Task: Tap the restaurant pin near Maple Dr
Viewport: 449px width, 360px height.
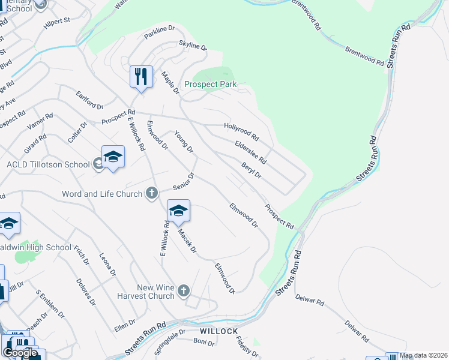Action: point(142,77)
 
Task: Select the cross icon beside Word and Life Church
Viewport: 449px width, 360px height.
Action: point(152,193)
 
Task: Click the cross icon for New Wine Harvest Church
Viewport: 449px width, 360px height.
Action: point(184,291)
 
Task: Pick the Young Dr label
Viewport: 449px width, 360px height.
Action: point(184,141)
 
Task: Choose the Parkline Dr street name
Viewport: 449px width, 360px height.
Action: point(159,32)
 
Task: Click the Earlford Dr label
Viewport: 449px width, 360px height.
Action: point(89,98)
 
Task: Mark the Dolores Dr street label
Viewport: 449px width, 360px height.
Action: point(86,292)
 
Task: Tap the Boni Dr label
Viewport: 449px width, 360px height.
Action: point(204,342)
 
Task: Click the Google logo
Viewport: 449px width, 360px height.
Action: point(20,352)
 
